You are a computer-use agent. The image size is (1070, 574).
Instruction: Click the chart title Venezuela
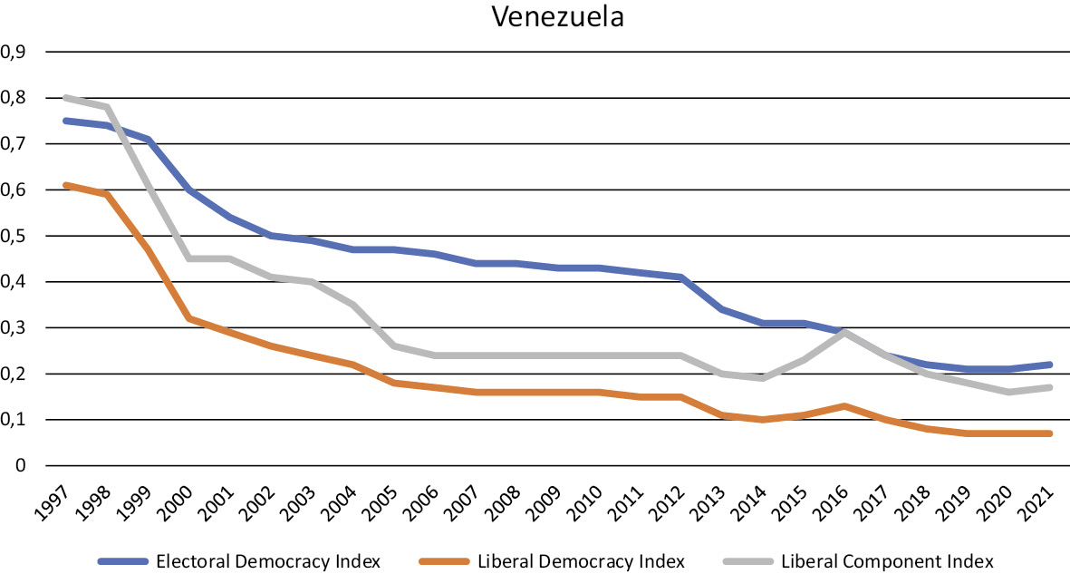pyautogui.click(x=557, y=17)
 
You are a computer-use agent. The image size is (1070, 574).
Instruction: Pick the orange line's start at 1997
pyautogui.click(x=65, y=185)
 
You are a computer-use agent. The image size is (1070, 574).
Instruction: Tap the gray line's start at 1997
pyautogui.click(x=65, y=98)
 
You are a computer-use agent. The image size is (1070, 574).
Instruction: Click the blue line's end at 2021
pyautogui.click(x=1051, y=365)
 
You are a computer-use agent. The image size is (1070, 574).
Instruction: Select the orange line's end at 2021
pyautogui.click(x=1051, y=433)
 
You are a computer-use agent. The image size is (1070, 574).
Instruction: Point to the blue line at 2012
pyautogui.click(x=680, y=277)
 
